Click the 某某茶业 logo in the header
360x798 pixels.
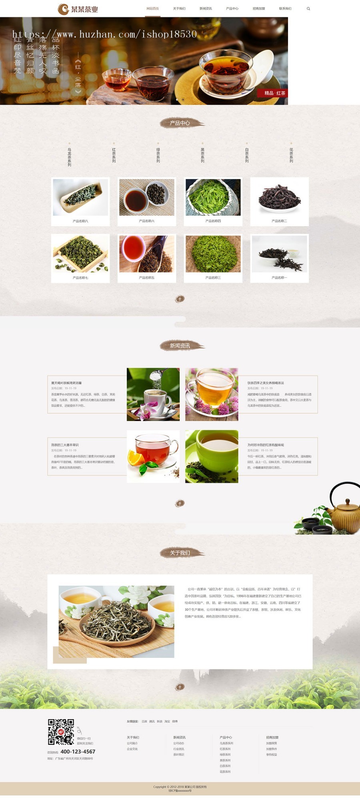78,9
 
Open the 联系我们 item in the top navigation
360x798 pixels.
285,8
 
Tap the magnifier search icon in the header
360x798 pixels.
308,8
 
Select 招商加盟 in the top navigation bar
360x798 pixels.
259,8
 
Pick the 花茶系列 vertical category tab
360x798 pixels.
291,155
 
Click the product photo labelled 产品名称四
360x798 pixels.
213,197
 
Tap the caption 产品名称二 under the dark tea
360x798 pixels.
279,221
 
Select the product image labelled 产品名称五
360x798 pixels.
147,254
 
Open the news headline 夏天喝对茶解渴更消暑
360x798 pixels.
66,383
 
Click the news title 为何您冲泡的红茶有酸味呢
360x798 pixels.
266,445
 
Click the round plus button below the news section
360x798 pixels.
180,503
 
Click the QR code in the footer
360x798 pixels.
61,732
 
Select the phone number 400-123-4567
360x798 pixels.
78,752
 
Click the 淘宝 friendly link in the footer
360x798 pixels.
167,722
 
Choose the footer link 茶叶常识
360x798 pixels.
179,754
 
